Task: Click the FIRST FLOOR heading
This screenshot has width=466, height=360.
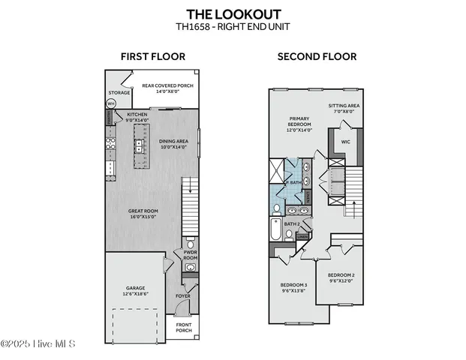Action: coord(153,56)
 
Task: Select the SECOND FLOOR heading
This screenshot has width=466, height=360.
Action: coord(317,56)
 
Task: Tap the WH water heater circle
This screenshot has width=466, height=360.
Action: coord(111,103)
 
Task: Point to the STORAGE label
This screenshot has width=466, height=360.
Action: coord(119,93)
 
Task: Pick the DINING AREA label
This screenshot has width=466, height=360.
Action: coord(173,143)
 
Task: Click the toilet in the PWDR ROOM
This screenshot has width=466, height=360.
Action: coord(190,244)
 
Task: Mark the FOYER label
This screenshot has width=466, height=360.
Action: coord(183,296)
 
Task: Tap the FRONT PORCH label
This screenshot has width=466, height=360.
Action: coord(184,327)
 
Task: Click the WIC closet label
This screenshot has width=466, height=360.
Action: coord(346,140)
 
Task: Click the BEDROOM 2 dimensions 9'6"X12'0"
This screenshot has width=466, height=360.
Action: coord(342,281)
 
